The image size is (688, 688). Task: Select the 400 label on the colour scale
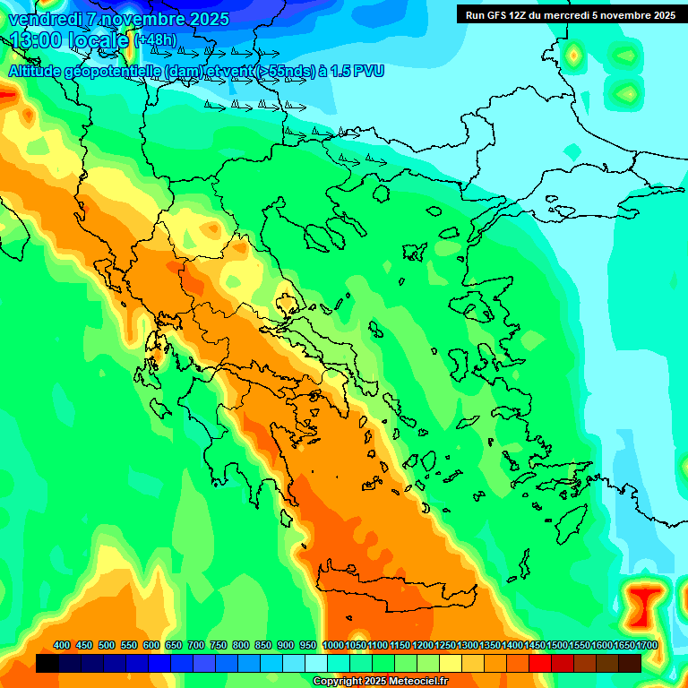point(62,645)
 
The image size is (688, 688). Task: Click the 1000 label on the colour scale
point(332,645)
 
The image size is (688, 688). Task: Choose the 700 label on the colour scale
point(196,645)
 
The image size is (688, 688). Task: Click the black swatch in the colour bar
point(47,663)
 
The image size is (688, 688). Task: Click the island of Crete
point(394,591)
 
